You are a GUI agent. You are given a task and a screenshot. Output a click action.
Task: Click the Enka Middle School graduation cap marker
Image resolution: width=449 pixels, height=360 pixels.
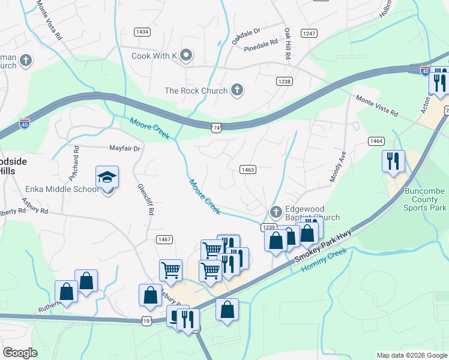tap(107, 178)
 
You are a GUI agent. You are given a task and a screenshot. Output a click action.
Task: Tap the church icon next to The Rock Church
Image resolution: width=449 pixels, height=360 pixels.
tap(237, 91)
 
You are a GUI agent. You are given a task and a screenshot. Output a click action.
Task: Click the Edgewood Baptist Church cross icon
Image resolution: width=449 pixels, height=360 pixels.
tap(276, 212)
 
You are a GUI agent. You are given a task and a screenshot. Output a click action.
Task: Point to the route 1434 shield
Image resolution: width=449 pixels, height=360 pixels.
tap(142, 32)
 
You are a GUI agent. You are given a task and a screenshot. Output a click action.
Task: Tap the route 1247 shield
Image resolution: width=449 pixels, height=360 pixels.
tap(309, 34)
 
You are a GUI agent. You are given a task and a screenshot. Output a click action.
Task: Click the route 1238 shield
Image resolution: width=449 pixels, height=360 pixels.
tap(284, 81)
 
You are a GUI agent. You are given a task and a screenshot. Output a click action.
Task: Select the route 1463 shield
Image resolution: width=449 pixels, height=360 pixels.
tap(248, 170)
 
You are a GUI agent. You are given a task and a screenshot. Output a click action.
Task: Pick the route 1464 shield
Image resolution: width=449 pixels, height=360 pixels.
tap(376, 141)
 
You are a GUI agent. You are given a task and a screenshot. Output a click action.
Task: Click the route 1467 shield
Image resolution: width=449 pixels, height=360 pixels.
tap(164, 239)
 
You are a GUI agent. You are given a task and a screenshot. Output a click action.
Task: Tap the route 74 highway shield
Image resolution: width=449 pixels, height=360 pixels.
tap(217, 127)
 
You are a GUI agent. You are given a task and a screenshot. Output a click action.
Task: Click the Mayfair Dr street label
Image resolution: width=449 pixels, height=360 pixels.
tap(124, 148)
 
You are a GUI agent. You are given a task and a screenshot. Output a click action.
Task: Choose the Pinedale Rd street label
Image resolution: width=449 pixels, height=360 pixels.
tap(261, 43)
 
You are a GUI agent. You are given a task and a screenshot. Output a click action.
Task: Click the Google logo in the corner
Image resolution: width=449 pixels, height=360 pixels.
tap(20, 353)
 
